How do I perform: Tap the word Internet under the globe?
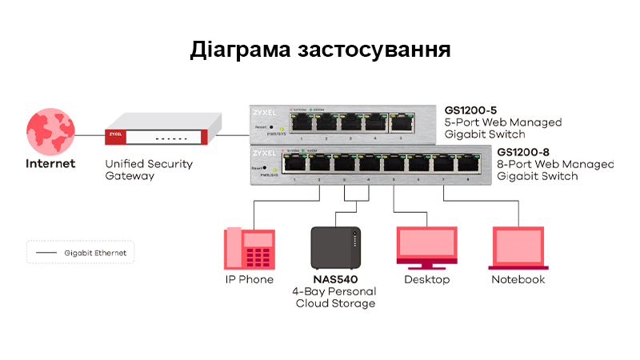[x=50, y=164]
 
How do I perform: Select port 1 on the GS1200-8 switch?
[x=296, y=165]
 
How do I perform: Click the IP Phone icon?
[x=249, y=249]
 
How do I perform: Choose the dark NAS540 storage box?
[x=336, y=249]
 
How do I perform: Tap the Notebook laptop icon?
[x=518, y=249]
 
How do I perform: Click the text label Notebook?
[x=518, y=280]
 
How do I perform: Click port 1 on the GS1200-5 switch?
[x=302, y=123]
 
